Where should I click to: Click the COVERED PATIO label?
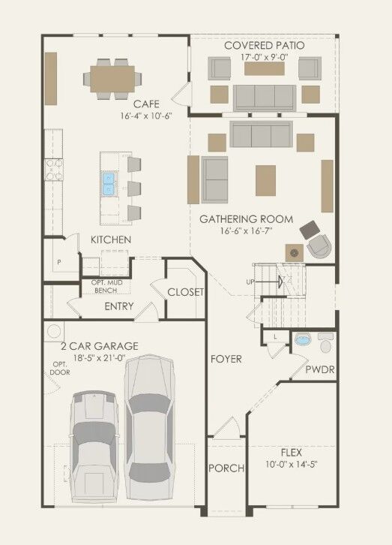pos(265,46)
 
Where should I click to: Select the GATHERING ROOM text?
pos(246,219)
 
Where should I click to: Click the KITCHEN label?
pos(111,239)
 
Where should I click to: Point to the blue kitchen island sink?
pos(108,183)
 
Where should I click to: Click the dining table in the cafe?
pos(114,76)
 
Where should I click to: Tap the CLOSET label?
pos(184,292)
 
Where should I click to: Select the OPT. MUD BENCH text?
pos(107,285)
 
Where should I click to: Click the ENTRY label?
pos(119,306)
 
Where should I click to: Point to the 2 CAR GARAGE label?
pos(99,346)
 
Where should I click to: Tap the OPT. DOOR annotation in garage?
pos(60,368)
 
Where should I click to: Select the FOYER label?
pos(226,360)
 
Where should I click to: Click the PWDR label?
pos(320,370)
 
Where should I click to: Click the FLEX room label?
pos(292,453)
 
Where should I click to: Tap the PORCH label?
pos(226,468)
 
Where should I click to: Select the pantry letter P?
pos(58,263)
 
